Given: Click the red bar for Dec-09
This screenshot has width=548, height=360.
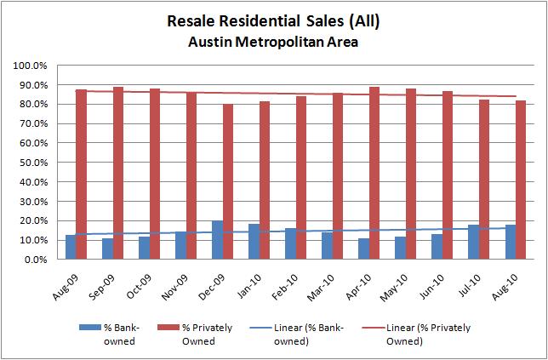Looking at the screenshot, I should (x=228, y=182).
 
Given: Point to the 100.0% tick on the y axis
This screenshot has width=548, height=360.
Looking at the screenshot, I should (x=36, y=66).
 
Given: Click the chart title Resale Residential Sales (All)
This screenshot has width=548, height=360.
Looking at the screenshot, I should (x=274, y=21).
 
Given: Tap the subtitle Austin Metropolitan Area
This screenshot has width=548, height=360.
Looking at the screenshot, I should (x=274, y=42).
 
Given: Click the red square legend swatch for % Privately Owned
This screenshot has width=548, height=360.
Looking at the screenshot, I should (x=187, y=327).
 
